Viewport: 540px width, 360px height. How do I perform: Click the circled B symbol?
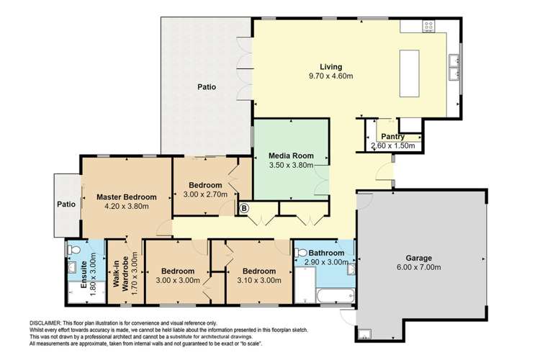tap(244, 208)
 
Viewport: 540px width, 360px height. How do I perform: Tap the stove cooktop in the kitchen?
tap(429, 26)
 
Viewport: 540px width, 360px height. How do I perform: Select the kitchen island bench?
tap(409, 73)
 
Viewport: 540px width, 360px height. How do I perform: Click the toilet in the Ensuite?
tap(73, 248)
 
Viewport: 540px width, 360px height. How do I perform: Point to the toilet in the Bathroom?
tap(300, 253)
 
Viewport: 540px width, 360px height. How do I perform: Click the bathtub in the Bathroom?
tap(336, 296)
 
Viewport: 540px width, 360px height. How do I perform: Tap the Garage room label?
tap(418, 258)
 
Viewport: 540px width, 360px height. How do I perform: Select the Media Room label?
tap(291, 156)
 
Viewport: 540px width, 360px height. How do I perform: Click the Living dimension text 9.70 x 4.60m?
tap(331, 76)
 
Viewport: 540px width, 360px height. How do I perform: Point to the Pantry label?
tap(393, 137)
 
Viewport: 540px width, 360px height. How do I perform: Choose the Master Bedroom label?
tap(127, 197)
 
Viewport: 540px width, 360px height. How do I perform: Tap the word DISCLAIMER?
tap(45, 323)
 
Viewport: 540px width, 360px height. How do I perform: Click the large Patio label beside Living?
tap(207, 87)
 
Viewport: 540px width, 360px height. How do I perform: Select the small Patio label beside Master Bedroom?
tap(66, 204)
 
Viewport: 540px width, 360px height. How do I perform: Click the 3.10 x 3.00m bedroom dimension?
tap(259, 280)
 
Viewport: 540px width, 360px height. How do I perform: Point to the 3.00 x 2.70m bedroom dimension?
tap(205, 194)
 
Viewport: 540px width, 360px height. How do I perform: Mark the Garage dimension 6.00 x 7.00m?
tap(418, 267)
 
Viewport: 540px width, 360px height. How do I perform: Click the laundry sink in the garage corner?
tap(364, 333)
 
